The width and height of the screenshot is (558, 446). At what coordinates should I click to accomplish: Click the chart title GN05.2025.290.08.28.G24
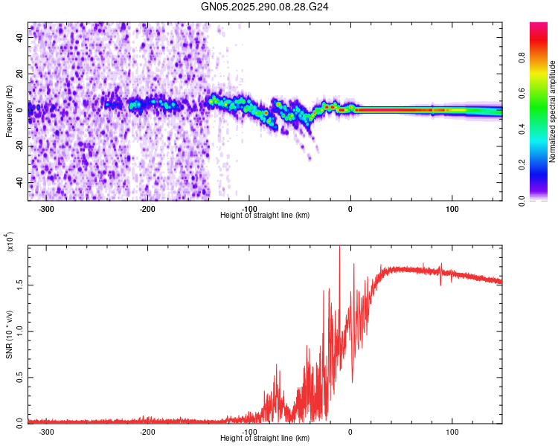(265, 7)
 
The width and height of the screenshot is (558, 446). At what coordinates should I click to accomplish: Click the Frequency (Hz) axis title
(10, 111)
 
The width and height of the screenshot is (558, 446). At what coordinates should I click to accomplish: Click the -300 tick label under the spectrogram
(46, 208)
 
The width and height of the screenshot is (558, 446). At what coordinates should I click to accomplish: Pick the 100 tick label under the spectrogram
(452, 208)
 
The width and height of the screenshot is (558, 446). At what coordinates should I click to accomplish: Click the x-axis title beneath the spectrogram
(265, 216)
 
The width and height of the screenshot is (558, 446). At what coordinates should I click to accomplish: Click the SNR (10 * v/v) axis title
(10, 334)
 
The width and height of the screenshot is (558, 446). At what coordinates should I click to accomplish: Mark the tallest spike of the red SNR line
(340, 248)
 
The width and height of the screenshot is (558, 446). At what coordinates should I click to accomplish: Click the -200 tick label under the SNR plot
(147, 431)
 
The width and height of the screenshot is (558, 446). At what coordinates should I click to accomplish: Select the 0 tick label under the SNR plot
(350, 431)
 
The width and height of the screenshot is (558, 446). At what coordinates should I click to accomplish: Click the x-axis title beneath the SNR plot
(265, 439)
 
